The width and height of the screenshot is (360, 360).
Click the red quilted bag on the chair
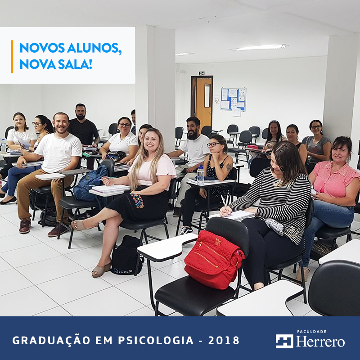pos(214,260)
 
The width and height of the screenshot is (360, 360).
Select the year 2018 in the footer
pos(224,340)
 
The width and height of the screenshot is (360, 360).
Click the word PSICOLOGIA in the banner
pos(156,340)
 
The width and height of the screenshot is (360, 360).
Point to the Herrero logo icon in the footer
pos(284,341)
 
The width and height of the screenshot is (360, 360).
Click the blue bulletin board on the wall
pos(233,99)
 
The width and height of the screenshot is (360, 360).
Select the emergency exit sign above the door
pos(202,73)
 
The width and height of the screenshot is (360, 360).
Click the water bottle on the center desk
pos(200,174)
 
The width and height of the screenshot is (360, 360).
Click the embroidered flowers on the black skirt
pos(137,200)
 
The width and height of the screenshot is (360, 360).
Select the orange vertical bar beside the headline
pos(12,57)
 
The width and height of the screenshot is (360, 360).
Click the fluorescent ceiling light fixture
pos(259,47)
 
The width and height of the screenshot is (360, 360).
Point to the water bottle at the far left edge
pos(3,146)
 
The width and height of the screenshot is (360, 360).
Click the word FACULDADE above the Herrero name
pos(311,332)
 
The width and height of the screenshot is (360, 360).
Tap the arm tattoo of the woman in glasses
pos(229,167)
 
